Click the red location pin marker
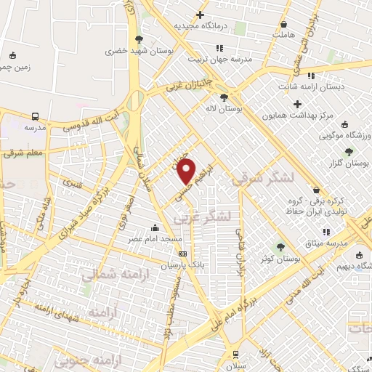(187, 171)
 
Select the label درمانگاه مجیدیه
(201, 25)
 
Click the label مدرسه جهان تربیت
(219, 59)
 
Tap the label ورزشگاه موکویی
(345, 136)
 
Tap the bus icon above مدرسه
(35, 116)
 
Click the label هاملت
(285, 34)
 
